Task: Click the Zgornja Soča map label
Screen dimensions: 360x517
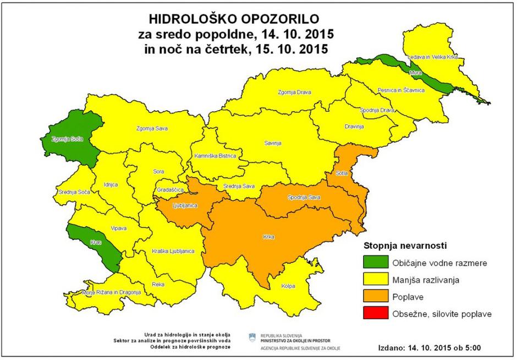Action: pyautogui.click(x=67, y=139)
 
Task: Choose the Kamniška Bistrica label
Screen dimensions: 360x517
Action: pyautogui.click(x=215, y=156)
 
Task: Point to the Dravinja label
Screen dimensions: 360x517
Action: pyautogui.click(x=354, y=127)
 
